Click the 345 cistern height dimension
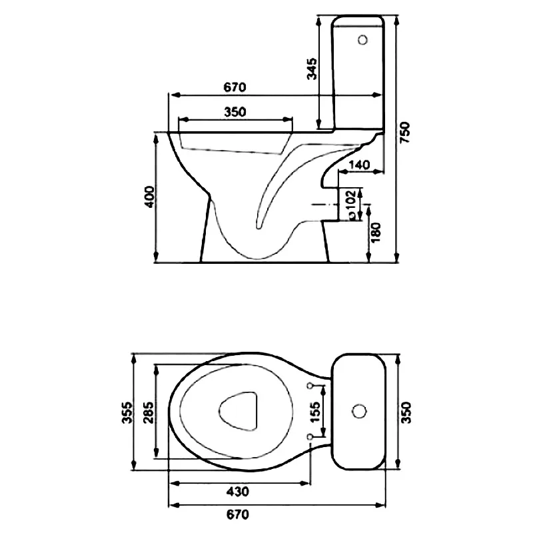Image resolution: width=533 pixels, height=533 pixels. pyautogui.click(x=312, y=69)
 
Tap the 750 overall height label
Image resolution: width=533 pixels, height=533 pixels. pyautogui.click(x=405, y=132)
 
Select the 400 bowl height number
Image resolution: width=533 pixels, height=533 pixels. pyautogui.click(x=149, y=197)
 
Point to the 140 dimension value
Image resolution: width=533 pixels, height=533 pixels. pyautogui.click(x=359, y=165)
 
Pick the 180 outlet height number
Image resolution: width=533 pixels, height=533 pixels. pyautogui.click(x=376, y=233)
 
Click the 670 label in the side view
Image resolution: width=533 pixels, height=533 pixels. pyautogui.click(x=235, y=87)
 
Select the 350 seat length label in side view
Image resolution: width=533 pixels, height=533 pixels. pyautogui.click(x=235, y=112)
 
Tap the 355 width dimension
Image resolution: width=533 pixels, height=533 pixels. pyautogui.click(x=127, y=412)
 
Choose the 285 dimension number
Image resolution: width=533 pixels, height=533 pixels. pyautogui.click(x=149, y=412)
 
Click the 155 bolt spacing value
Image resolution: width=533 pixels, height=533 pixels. pyautogui.click(x=315, y=412)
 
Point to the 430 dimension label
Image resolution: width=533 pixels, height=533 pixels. pyautogui.click(x=238, y=491)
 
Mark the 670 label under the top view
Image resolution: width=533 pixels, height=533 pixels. pyautogui.click(x=238, y=514)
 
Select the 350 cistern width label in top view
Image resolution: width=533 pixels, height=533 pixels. pyautogui.click(x=406, y=412)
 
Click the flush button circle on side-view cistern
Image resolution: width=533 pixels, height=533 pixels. pyautogui.click(x=362, y=40)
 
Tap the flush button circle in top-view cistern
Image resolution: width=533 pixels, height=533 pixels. pyautogui.click(x=358, y=411)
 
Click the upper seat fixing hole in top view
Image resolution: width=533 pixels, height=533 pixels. pyautogui.click(x=310, y=386)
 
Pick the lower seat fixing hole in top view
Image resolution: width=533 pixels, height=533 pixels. pyautogui.click(x=310, y=436)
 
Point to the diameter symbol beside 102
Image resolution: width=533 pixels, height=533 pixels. pyautogui.click(x=352, y=215)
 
